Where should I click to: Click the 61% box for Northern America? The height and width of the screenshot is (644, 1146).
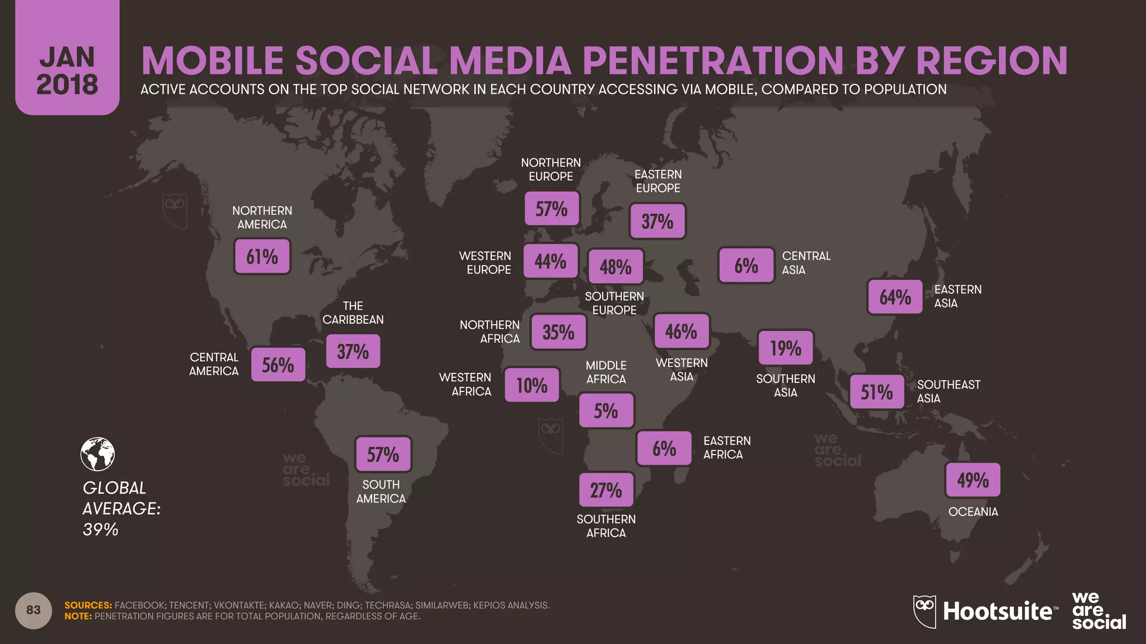click(x=262, y=257)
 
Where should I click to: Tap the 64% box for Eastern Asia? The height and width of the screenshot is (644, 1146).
click(x=895, y=297)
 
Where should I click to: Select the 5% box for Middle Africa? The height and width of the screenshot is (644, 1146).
click(x=606, y=411)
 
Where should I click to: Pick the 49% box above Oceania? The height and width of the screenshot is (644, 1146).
click(x=973, y=480)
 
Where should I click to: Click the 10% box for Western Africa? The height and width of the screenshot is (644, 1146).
click(x=532, y=385)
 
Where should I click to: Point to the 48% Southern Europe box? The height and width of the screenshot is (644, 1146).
click(x=616, y=267)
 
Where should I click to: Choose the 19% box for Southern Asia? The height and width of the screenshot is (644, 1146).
click(x=786, y=348)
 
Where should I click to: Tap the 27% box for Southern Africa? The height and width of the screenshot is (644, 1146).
click(x=606, y=490)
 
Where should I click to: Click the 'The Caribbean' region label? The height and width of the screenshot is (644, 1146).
click(x=353, y=312)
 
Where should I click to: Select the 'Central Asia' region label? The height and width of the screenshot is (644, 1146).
click(x=806, y=263)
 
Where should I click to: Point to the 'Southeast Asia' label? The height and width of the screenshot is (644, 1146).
click(x=948, y=391)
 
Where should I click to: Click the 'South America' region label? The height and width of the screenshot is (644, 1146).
click(x=381, y=491)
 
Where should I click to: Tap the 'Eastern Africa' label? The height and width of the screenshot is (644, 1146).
click(x=726, y=447)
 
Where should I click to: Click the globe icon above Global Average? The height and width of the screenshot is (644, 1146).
click(x=97, y=454)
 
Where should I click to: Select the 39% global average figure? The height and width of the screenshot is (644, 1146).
click(x=101, y=529)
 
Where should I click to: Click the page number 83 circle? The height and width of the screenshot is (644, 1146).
click(x=34, y=610)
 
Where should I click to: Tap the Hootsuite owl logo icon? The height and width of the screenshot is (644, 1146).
click(x=924, y=611)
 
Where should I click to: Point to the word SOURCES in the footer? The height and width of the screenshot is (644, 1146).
click(x=88, y=605)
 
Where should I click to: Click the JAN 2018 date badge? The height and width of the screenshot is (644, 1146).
click(x=67, y=70)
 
